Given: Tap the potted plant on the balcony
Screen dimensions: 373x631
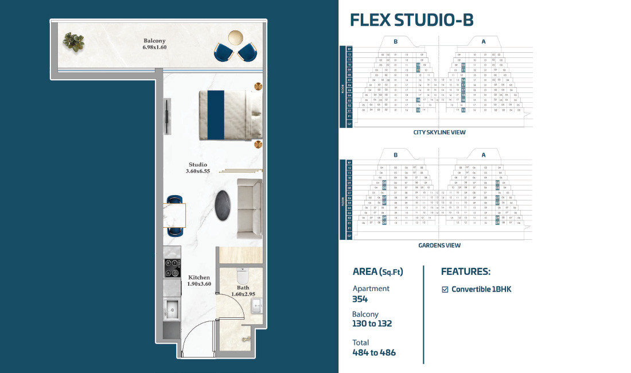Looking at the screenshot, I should tap(73, 41).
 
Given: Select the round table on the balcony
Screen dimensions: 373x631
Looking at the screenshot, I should tap(236, 37).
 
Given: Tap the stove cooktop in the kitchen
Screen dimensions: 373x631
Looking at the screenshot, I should tap(173, 266).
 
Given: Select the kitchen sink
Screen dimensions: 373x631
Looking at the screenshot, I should tap(172, 310).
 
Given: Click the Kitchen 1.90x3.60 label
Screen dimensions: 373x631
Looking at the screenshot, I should tap(199, 281).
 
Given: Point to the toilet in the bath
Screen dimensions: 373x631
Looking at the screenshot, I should tap(242, 276).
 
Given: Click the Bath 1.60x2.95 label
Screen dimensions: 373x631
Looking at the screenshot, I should tap(243, 291).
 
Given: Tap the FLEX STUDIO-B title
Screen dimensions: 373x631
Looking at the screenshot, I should tap(411, 20).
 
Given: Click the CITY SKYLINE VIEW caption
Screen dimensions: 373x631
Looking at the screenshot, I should tap(439, 133).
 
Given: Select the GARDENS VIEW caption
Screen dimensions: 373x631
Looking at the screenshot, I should tap(439, 245).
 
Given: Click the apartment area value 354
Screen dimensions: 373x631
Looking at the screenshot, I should tap(360, 299).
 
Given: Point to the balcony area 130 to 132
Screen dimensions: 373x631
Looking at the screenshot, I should tap(372, 324).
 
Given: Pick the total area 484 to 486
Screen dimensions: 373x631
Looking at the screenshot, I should tap(374, 352).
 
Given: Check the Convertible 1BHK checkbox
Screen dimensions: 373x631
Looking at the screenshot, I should tap(445, 289).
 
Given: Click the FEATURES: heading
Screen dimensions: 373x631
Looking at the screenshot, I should tap(465, 271).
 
